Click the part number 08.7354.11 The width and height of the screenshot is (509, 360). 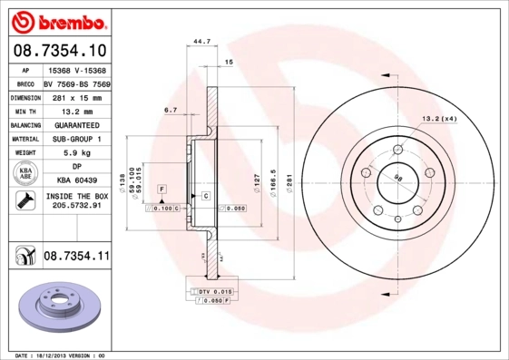click(76, 258)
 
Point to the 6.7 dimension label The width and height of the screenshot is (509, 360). click(170, 110)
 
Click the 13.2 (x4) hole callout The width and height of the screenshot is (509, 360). click(437, 118)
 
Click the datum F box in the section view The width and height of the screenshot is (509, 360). click(162, 188)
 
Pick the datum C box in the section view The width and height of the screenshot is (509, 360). click(206, 196)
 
